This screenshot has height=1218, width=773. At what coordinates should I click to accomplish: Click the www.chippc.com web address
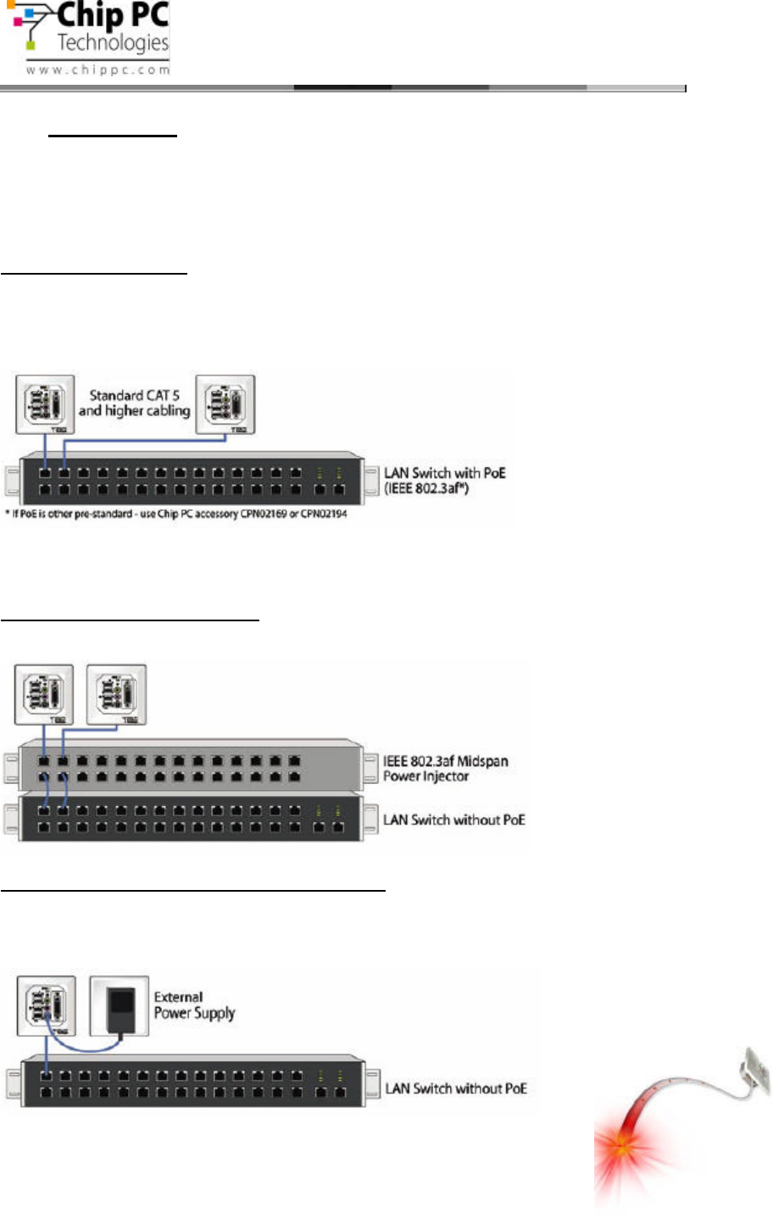tap(97, 70)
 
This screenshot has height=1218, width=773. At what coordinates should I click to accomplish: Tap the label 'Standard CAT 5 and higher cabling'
tap(135, 403)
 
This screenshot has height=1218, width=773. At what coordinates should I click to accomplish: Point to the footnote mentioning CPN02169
tap(176, 514)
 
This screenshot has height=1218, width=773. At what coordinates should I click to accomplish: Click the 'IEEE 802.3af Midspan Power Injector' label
tap(445, 769)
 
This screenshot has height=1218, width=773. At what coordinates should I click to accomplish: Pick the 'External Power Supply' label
tap(194, 1005)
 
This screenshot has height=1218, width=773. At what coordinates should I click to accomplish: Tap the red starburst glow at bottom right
tap(623, 1149)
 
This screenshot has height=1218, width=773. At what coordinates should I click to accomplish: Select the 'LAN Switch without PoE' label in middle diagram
tap(454, 820)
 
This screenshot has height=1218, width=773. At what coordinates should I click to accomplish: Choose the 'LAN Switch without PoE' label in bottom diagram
tap(456, 1088)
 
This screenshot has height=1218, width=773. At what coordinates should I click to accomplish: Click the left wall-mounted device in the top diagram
tap(45, 405)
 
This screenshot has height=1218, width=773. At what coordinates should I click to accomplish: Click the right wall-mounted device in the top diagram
tap(225, 405)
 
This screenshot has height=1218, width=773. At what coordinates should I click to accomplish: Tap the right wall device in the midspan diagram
tap(116, 694)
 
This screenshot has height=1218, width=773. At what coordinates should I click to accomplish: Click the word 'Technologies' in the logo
tap(113, 42)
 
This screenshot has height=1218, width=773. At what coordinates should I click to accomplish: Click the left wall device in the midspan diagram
tap(44, 694)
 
